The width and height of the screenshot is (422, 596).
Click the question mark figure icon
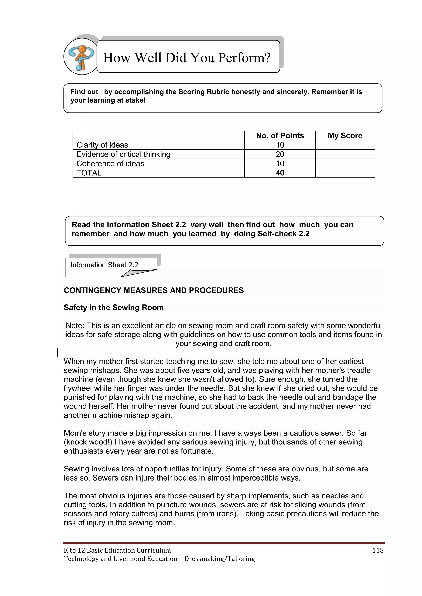pos(81,57)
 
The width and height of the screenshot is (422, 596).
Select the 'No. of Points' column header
pos(280,135)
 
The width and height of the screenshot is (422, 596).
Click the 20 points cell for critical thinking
pos(280,154)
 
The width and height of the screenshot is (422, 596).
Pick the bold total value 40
pos(280,173)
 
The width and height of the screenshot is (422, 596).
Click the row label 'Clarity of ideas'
pos(102,145)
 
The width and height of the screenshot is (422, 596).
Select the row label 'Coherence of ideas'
pos(110,163)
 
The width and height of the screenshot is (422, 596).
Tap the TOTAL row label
pos(89,173)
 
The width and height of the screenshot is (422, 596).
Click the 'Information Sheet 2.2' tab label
pos(104,265)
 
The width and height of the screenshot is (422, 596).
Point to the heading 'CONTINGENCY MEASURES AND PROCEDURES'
pos(154,290)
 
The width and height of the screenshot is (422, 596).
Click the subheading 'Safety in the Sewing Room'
pos(114,307)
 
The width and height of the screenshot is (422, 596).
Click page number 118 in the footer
pos(377,550)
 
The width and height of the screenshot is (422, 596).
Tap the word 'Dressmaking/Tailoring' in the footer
pos(220,559)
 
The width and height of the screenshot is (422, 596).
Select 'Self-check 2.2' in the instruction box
pos(284,234)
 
